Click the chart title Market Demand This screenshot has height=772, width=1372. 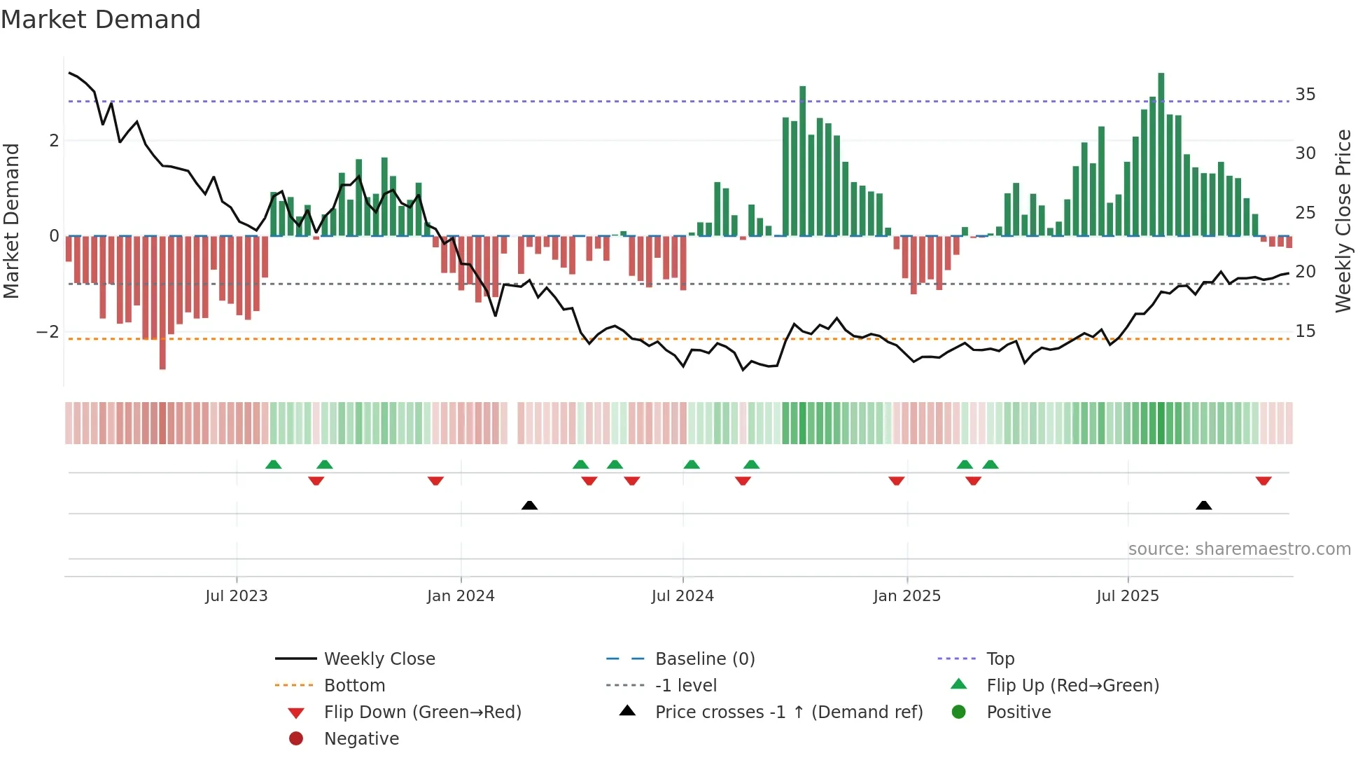[101, 20]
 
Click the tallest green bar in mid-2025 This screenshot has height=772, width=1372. [1161, 154]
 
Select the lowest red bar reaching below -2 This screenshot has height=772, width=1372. [162, 303]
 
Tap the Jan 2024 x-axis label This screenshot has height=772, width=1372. [461, 596]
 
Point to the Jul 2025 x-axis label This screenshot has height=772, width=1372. [1127, 596]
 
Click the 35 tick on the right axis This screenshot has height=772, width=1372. [1305, 95]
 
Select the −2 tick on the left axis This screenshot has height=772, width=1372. [48, 331]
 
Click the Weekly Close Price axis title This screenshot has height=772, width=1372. [1343, 221]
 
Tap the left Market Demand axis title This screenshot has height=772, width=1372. [11, 221]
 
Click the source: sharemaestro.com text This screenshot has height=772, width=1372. [1239, 549]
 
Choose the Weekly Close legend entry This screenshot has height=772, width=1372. [379, 659]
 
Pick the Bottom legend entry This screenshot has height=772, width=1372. [354, 686]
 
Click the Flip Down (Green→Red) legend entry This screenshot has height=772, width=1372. [422, 712]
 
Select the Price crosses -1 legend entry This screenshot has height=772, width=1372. [788, 712]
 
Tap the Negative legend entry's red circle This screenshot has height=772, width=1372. [296, 739]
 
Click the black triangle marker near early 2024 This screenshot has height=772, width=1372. [530, 506]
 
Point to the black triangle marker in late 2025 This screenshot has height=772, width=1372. [1203, 506]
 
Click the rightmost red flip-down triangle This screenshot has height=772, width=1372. [1263, 481]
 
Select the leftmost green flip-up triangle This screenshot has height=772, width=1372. [274, 464]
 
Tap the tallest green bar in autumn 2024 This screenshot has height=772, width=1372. [802, 161]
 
